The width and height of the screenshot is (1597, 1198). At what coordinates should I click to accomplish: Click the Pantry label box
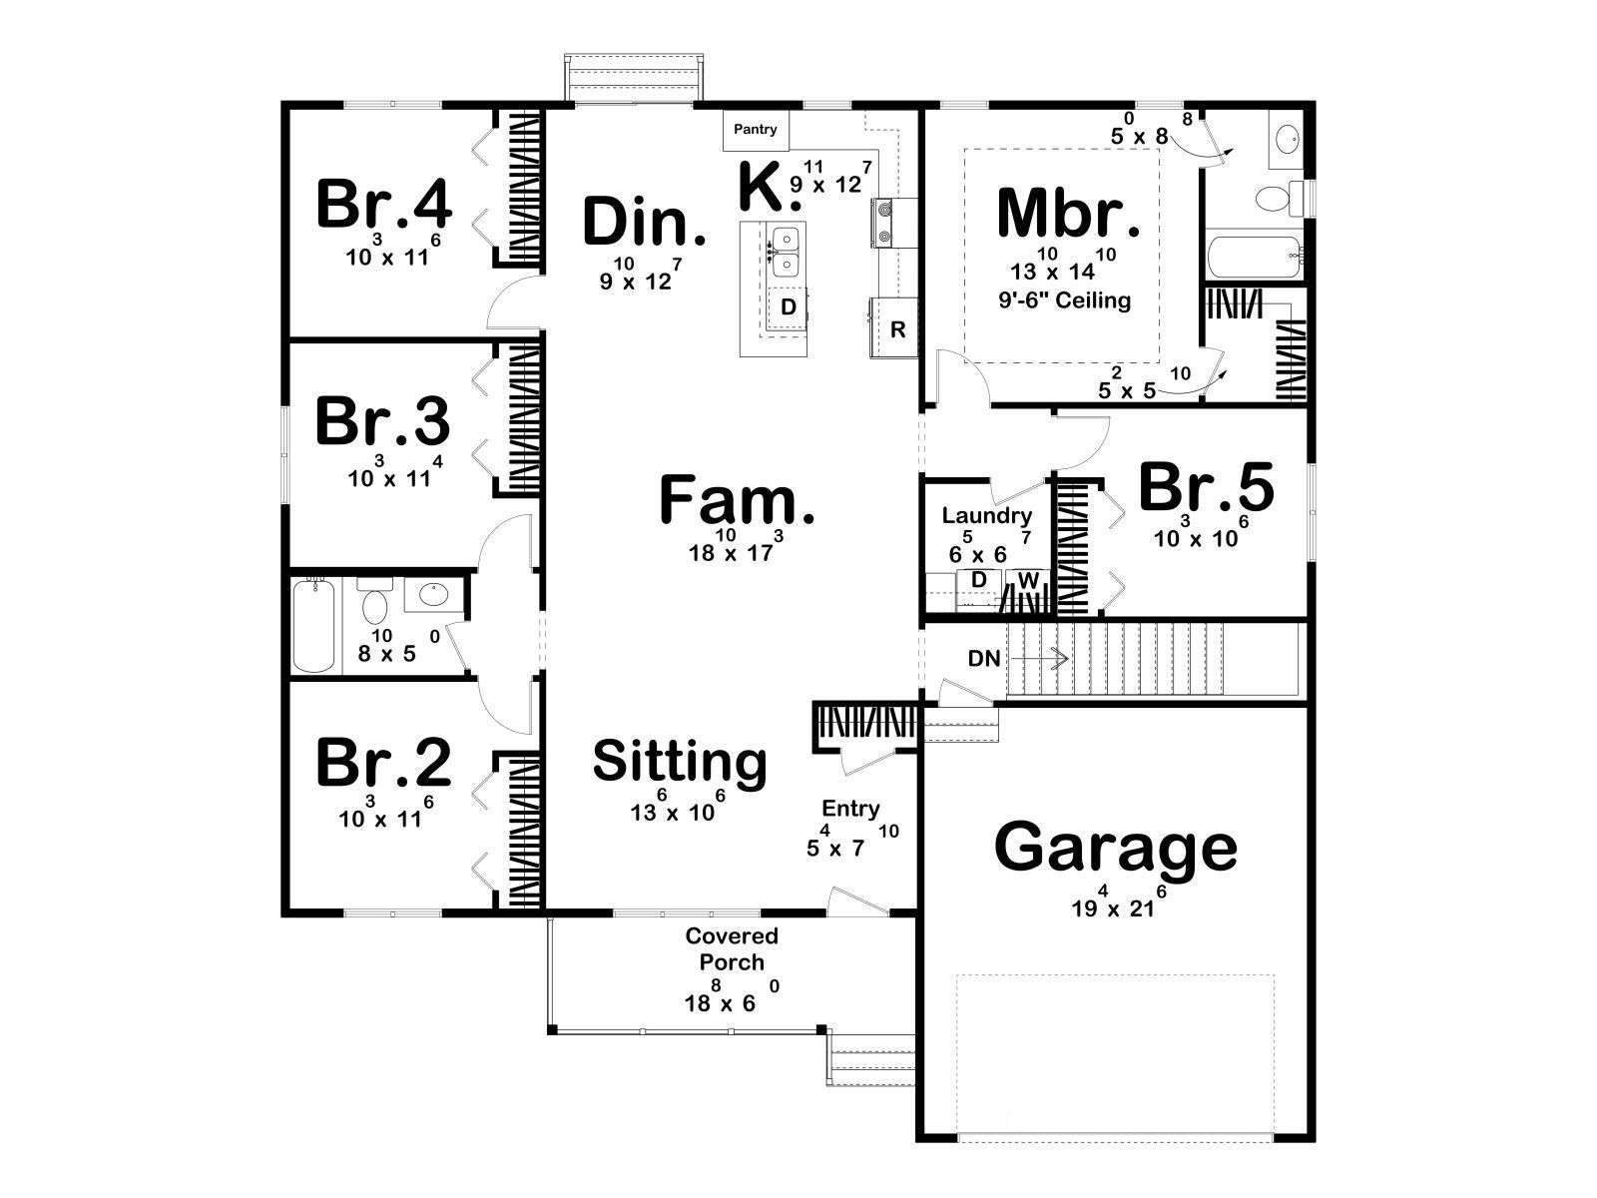756,130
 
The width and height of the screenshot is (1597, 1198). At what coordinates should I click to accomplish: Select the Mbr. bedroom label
1068,214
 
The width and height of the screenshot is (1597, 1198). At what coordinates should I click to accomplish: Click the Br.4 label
384,205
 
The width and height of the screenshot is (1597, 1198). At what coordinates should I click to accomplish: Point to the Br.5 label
1206,487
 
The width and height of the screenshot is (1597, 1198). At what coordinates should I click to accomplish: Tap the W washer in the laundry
1027,580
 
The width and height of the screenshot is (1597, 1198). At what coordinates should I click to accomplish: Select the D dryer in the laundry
979,580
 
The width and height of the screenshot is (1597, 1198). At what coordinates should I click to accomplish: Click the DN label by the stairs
984,659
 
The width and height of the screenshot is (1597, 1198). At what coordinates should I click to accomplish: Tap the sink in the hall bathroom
433,596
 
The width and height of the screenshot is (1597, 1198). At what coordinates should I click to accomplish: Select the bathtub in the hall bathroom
314,626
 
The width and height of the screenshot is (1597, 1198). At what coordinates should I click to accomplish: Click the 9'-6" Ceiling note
1064,300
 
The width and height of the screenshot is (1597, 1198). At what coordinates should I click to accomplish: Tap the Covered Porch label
732,948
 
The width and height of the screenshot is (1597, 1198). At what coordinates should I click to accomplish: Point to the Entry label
850,808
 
